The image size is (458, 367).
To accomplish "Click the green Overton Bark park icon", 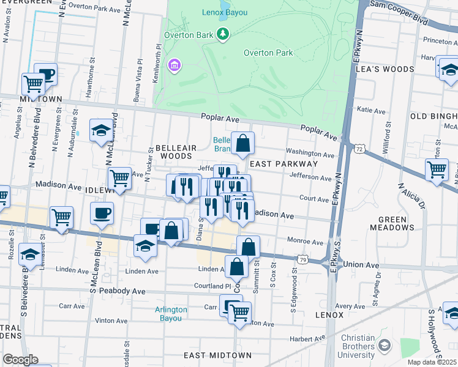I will (223, 34).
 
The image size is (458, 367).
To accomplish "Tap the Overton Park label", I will (268, 53).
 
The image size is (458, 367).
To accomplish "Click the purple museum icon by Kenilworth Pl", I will (174, 64).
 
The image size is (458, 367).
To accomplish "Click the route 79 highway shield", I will (302, 260).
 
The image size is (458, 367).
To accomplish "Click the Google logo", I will (20, 360).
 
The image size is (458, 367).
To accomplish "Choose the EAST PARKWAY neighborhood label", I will (283, 164).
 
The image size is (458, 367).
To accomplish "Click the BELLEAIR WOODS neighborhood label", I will (176, 152).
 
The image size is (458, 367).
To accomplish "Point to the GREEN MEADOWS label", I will (392, 223).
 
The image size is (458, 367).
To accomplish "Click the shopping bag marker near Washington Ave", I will (243, 144).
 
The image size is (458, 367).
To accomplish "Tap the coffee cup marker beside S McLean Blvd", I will (102, 213).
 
